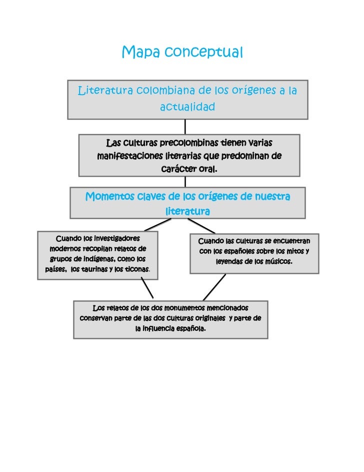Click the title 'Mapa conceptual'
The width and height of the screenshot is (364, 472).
pyautogui.click(x=182, y=52)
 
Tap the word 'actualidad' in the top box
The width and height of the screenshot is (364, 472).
pyautogui.click(x=187, y=107)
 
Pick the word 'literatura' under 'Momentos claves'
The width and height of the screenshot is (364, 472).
pyautogui.click(x=187, y=212)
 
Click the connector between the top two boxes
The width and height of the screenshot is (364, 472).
pyautogui.click(x=185, y=126)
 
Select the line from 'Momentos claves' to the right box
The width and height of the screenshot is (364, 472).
pyautogui.click(x=201, y=226)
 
